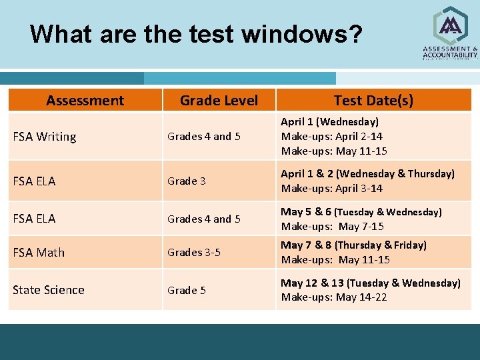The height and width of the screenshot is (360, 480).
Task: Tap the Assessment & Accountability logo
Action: [450, 33]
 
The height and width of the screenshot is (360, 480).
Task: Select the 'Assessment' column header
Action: [85, 101]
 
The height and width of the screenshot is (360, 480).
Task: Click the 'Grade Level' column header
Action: [219, 101]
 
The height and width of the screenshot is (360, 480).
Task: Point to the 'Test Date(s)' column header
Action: [373, 101]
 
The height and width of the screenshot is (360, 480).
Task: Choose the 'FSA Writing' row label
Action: [45, 137]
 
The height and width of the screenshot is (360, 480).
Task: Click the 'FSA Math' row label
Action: [39, 252]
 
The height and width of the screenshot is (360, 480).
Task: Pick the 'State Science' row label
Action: [49, 290]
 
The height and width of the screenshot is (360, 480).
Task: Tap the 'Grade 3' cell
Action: [186, 181]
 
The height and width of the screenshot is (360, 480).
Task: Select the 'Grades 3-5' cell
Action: [194, 252]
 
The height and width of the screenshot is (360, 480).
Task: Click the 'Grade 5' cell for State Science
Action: [187, 290]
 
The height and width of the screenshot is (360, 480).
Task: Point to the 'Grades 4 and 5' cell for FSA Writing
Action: [204, 137]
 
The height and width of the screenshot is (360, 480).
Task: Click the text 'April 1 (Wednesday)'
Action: [329, 122]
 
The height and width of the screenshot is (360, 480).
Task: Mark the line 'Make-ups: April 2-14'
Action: [331, 137]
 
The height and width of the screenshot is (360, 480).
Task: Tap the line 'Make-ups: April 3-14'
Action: [331, 188]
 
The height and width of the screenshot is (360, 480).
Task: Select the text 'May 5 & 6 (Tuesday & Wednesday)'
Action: [361, 212]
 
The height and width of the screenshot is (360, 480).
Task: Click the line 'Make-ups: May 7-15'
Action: [332, 226]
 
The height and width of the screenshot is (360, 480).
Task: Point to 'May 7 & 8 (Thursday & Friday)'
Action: [353, 245]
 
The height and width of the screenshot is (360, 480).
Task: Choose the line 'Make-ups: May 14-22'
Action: [333, 297]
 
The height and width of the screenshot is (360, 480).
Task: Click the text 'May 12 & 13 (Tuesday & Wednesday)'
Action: [370, 283]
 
